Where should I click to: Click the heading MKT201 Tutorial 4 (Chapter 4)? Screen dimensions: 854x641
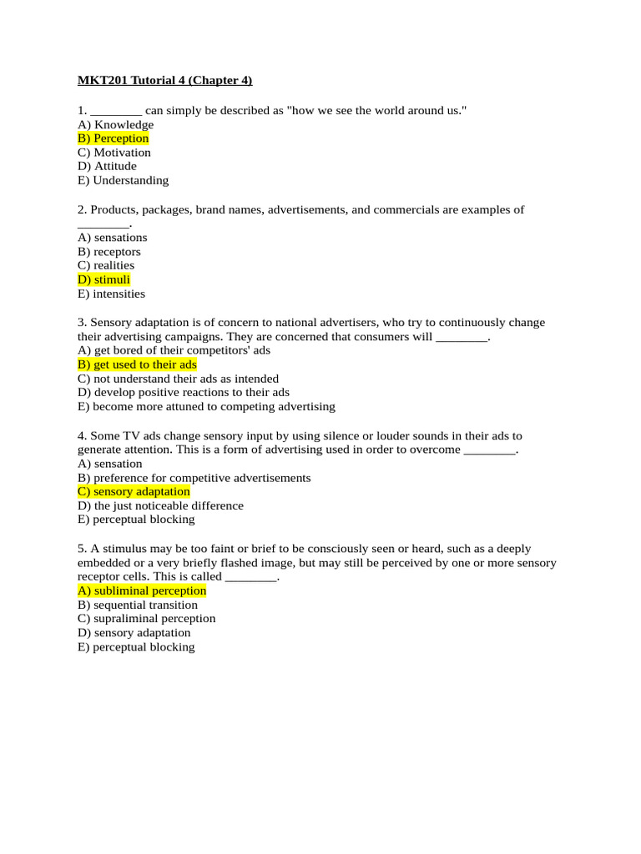click(x=164, y=80)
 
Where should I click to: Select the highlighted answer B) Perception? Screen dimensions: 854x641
click(x=113, y=138)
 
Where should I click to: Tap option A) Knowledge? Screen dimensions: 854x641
click(x=115, y=124)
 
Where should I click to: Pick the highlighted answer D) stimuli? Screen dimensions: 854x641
click(x=103, y=279)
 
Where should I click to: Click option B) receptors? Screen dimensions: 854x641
click(x=109, y=252)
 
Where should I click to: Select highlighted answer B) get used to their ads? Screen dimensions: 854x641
click(x=137, y=364)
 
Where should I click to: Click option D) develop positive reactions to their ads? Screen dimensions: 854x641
click(x=184, y=392)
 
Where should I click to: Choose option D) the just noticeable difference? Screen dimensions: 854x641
click(x=160, y=505)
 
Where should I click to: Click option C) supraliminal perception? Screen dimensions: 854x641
click(x=146, y=618)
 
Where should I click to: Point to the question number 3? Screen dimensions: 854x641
click(x=81, y=322)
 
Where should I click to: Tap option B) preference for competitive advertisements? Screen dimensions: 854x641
click(x=194, y=478)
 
